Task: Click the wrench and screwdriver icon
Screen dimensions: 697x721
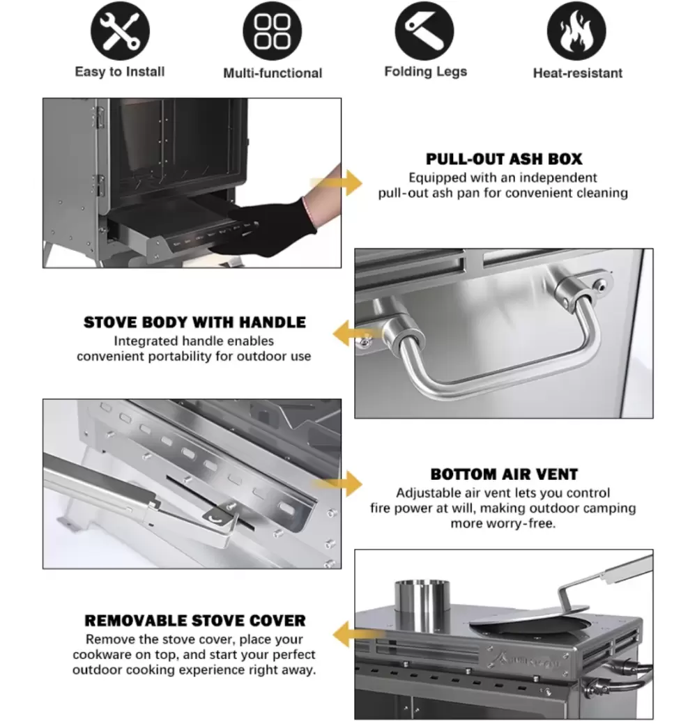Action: coord(120,31)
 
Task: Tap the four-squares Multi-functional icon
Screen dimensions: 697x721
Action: coord(273,31)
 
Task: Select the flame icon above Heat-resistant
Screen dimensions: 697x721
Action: coord(576,31)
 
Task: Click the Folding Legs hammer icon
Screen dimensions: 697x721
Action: coord(424,31)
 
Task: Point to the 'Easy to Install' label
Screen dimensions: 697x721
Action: coord(120,72)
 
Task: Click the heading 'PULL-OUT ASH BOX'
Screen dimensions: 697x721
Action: coord(504,159)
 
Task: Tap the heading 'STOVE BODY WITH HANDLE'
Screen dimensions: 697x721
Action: coord(194,323)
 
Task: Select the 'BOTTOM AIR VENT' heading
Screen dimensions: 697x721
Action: coord(504,474)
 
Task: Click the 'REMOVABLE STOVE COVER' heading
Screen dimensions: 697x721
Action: coord(195,620)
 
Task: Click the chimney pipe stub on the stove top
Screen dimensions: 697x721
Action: coord(422,605)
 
